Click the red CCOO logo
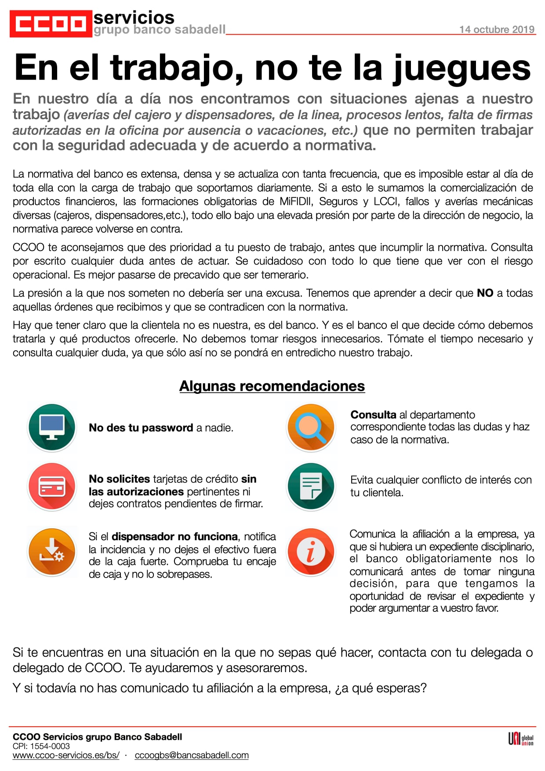[51, 24]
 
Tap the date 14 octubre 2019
[497, 29]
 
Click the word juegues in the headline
[461, 68]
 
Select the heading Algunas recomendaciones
[272, 386]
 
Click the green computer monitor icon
[52, 427]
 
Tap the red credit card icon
[52, 487]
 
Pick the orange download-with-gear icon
[52, 551]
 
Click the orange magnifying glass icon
[311, 427]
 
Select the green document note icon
[311, 487]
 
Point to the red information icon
[311, 551]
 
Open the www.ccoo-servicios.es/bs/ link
[66, 755]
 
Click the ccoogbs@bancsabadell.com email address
[192, 755]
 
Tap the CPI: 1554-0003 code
[41, 746]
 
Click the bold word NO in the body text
[485, 293]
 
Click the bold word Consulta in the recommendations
[373, 415]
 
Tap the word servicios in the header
[134, 18]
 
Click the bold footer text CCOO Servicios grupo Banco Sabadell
[97, 737]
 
